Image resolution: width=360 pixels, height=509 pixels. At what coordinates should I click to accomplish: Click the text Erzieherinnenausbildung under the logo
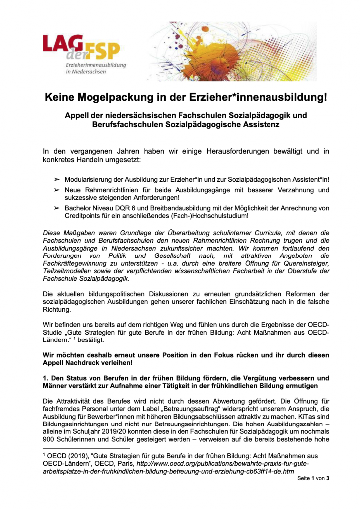tap(96, 65)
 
